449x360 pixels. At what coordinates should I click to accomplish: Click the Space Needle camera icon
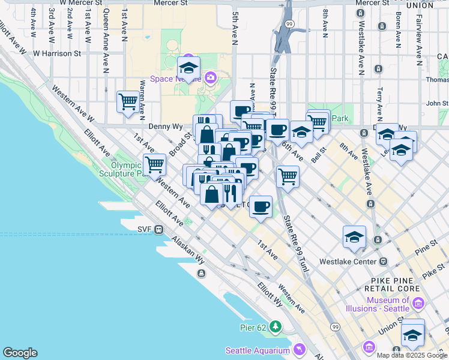tap(210, 77)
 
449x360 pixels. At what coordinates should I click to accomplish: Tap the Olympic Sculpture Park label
tap(129, 169)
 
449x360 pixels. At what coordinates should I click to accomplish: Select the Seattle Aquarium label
tap(258, 350)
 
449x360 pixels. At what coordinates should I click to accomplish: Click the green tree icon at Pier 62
tap(276, 326)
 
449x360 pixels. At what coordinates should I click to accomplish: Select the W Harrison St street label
tap(57, 53)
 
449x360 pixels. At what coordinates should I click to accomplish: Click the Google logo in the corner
tap(20, 353)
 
